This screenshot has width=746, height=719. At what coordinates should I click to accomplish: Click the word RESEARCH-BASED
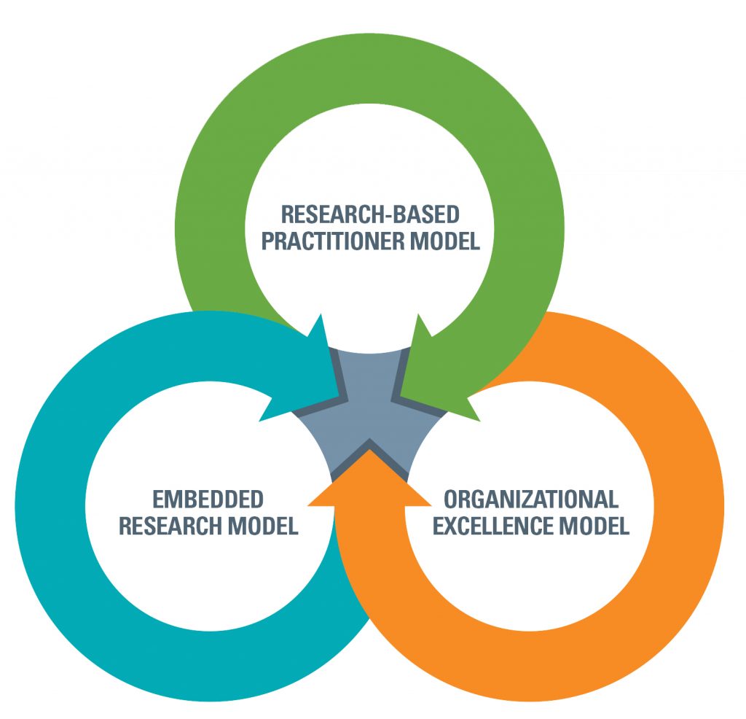tap(370, 215)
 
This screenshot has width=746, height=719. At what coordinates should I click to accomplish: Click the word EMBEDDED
tap(208, 500)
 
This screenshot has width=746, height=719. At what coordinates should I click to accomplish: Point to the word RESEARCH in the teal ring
tap(169, 526)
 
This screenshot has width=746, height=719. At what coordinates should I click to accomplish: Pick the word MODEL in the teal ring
tap(262, 526)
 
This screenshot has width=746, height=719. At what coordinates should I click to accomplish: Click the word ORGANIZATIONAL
tap(531, 500)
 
